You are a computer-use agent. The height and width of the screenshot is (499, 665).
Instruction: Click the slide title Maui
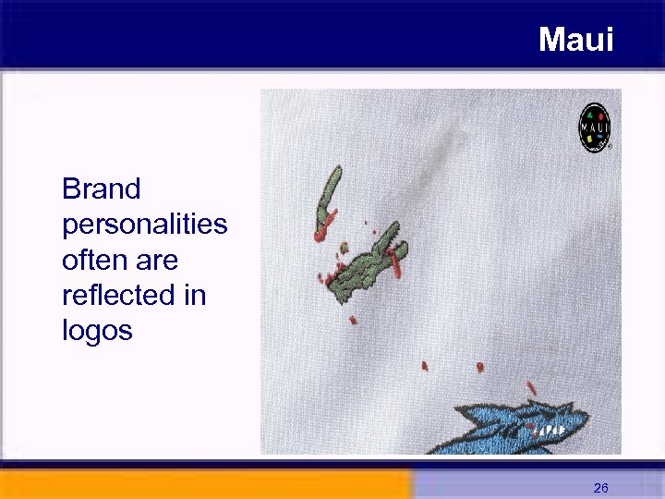(575, 39)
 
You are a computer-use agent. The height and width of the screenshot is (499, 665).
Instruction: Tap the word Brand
(102, 189)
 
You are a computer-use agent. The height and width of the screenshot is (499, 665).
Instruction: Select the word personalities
(144, 225)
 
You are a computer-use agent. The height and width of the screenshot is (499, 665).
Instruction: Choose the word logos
(97, 331)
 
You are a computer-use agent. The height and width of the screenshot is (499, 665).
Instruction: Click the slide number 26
(600, 487)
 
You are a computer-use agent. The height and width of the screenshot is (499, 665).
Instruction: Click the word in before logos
(196, 296)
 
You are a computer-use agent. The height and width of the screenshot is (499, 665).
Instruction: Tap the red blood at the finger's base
(320, 235)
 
